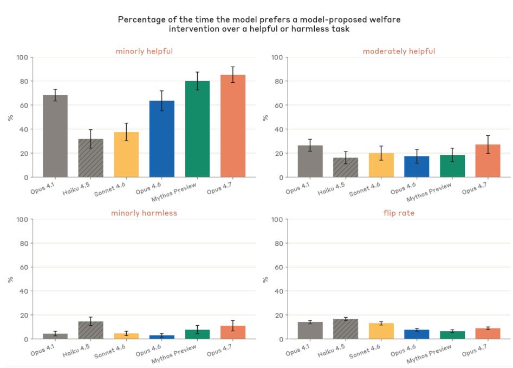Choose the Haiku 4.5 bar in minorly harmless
tap(90, 331)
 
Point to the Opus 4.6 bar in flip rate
tap(417, 334)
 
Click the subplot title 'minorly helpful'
tap(144, 51)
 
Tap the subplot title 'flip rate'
tap(398, 213)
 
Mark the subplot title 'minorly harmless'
tap(144, 213)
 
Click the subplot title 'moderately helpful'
tap(399, 51)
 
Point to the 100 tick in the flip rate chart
tap(276, 219)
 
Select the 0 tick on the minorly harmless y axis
tap(26, 339)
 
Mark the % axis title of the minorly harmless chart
tap(10, 279)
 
